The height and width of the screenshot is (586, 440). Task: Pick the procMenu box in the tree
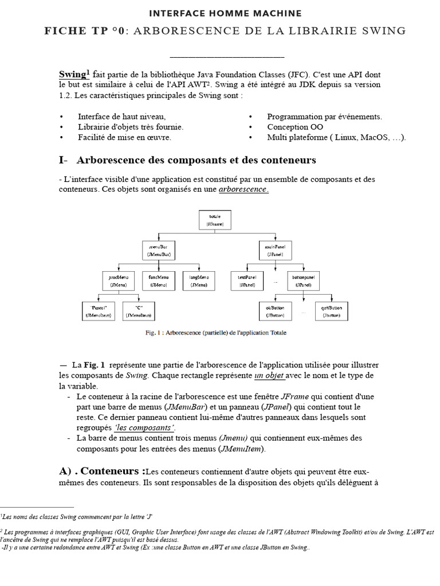(x=117, y=280)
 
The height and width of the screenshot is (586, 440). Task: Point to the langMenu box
(x=199, y=280)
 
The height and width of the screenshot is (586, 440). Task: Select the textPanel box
(x=247, y=280)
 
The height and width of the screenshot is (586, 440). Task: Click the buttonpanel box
(x=302, y=280)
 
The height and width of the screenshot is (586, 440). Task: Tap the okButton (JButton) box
(x=275, y=311)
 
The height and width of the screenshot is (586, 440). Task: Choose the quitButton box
(x=331, y=311)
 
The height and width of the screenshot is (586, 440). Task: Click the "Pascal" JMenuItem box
(x=98, y=311)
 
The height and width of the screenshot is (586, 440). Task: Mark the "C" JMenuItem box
(x=138, y=311)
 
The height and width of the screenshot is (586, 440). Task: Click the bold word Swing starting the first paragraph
(x=72, y=74)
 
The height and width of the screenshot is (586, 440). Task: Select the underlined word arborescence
(x=243, y=190)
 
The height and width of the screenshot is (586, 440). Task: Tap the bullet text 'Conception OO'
(x=295, y=127)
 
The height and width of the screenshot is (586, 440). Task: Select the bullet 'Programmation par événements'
(x=324, y=117)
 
